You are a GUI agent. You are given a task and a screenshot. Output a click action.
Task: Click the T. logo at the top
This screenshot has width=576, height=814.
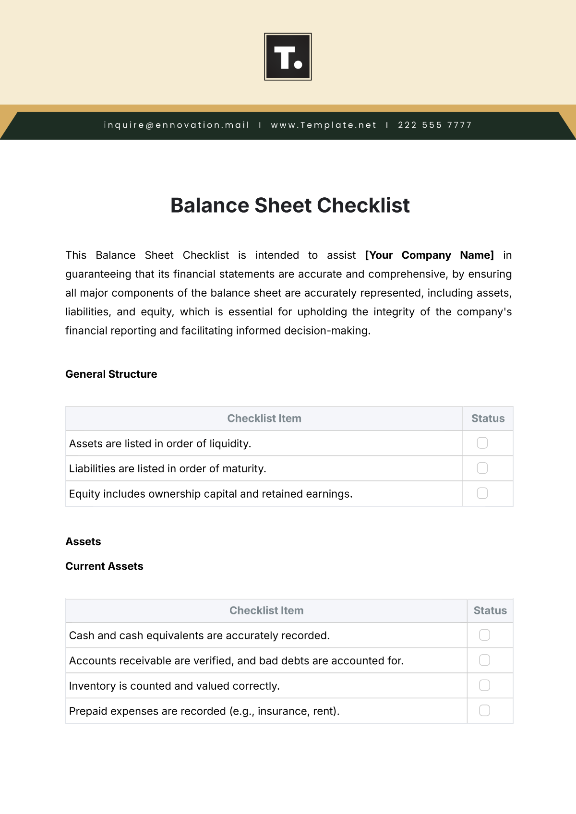point(288,57)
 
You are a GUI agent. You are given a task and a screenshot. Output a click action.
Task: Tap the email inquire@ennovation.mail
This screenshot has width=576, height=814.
point(177,125)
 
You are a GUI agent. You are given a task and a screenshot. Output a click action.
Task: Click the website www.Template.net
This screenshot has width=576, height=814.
point(324,125)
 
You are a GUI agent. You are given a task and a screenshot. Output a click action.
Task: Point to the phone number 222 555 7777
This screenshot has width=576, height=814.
point(435,125)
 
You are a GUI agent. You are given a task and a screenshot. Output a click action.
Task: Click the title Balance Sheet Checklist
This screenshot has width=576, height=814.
point(290,205)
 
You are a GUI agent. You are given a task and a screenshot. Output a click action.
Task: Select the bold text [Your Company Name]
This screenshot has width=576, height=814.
point(429,255)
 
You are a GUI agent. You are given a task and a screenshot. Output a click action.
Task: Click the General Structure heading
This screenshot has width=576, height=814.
point(111,374)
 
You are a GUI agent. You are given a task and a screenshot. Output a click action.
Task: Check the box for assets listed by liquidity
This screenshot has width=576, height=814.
point(482,443)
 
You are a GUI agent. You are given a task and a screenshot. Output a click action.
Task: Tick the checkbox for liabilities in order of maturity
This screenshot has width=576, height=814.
point(482,468)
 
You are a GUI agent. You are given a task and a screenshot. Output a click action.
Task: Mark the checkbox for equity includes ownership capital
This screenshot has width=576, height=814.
point(482,493)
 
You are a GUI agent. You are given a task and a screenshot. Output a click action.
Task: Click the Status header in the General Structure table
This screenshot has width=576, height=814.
point(488,419)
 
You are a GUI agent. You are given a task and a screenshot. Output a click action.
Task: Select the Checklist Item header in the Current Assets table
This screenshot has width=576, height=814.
point(266,610)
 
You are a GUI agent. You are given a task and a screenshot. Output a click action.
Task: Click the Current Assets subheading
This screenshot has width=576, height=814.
point(104,566)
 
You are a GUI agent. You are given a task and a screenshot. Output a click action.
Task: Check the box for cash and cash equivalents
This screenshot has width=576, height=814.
point(485,635)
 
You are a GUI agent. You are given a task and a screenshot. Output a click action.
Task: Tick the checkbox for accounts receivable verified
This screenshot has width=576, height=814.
point(485,660)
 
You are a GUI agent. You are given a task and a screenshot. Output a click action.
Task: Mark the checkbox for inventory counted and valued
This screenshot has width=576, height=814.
point(485,685)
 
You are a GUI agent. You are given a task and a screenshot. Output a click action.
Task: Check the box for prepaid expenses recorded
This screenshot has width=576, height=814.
point(485,710)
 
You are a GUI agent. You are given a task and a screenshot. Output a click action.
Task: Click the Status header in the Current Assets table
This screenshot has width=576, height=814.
point(490,610)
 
